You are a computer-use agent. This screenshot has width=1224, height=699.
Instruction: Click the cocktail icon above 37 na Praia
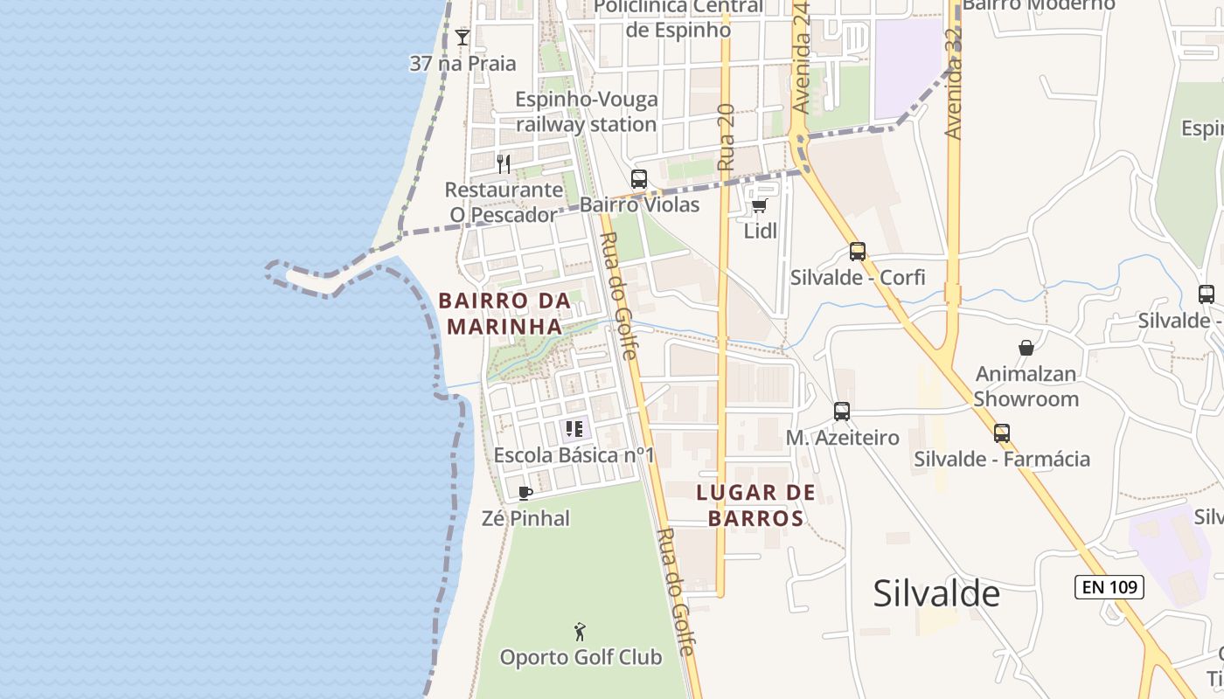pyautogui.click(x=462, y=38)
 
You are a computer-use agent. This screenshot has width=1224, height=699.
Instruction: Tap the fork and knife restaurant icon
pyautogui.click(x=503, y=163)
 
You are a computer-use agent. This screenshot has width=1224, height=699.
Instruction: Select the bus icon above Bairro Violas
pyautogui.click(x=639, y=179)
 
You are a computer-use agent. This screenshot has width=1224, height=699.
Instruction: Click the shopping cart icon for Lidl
pyautogui.click(x=760, y=205)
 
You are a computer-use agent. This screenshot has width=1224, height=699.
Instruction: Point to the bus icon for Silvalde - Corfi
pyautogui.click(x=858, y=252)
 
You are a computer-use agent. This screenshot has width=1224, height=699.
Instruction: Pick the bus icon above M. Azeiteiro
pyautogui.click(x=842, y=412)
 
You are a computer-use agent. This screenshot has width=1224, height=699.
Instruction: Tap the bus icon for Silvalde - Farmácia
pyautogui.click(x=1002, y=433)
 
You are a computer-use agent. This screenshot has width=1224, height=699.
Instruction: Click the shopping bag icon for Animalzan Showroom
pyautogui.click(x=1026, y=348)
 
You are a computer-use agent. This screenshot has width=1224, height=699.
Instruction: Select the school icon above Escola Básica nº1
pyautogui.click(x=574, y=429)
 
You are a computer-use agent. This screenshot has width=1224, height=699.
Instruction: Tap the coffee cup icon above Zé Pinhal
pyautogui.click(x=525, y=493)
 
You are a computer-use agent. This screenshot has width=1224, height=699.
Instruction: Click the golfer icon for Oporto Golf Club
pyautogui.click(x=580, y=632)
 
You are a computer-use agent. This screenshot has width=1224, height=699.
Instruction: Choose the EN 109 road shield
pyautogui.click(x=1109, y=587)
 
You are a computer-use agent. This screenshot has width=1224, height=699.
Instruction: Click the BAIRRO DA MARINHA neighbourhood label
pyautogui.click(x=504, y=314)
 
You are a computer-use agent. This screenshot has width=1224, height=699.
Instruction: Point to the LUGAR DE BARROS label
pyautogui.click(x=756, y=505)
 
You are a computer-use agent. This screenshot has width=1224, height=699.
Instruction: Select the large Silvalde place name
pyautogui.click(x=936, y=594)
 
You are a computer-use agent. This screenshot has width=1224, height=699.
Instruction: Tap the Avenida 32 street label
pyautogui.click(x=954, y=83)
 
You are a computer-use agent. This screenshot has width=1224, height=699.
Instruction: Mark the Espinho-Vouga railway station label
pyautogui.click(x=586, y=112)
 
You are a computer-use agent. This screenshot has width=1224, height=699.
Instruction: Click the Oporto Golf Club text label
pyautogui.click(x=581, y=657)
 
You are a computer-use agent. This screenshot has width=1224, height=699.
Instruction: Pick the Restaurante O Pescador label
pyautogui.click(x=504, y=202)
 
